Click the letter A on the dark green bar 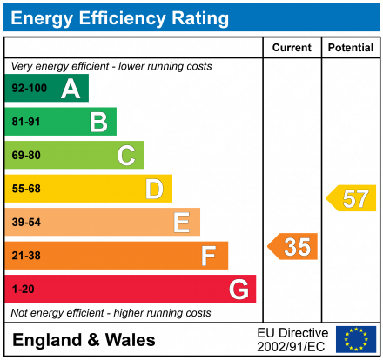pyautogui.click(x=71, y=89)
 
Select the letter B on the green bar pyautogui.click(x=98, y=123)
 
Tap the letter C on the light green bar pyautogui.click(x=126, y=156)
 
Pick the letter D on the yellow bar pyautogui.click(x=154, y=189)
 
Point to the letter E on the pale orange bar pyautogui.click(x=181, y=223)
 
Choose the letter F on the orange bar pyautogui.click(x=209, y=256)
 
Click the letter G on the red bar pyautogui.click(x=238, y=289)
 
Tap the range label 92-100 pyautogui.click(x=28, y=89)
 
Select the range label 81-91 pyautogui.click(x=25, y=123)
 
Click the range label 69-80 pyautogui.click(x=25, y=156)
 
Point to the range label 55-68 pyautogui.click(x=25, y=189)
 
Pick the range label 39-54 pyautogui.click(x=25, y=223)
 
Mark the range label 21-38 pyautogui.click(x=25, y=256)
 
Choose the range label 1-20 pyautogui.click(x=23, y=289)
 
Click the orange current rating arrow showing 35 pyautogui.click(x=293, y=247)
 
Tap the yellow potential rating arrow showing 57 pyautogui.click(x=352, y=198)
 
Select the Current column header pyautogui.click(x=292, y=48)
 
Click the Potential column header pyautogui.click(x=350, y=48)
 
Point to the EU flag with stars pyautogui.click(x=355, y=339)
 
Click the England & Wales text pyautogui.click(x=84, y=340)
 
